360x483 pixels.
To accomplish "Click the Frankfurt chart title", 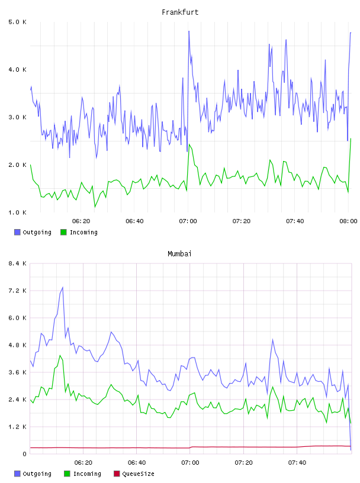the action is (180, 12).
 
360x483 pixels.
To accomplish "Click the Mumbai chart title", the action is (179, 254).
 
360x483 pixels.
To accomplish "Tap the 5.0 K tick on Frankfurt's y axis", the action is (18, 22).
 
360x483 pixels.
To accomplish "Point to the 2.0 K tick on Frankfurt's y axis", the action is (18, 165).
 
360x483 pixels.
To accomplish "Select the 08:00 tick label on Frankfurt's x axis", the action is (348, 221).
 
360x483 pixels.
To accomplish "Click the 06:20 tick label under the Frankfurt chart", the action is (81, 221).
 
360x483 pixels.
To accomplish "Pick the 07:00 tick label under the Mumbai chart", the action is (190, 463).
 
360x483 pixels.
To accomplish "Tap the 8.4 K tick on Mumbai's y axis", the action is (18, 263).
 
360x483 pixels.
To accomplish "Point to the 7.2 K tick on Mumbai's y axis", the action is (18, 291).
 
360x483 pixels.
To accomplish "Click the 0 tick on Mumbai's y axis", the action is (24, 454).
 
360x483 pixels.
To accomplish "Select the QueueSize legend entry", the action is (134, 474).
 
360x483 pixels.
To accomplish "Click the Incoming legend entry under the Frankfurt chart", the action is (79, 232).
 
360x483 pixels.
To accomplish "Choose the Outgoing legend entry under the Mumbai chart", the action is (33, 474).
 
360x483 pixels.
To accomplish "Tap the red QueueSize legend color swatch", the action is (117, 474).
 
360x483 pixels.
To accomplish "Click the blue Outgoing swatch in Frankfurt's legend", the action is (17, 232).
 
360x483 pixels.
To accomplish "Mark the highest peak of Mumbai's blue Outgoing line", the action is (63, 288).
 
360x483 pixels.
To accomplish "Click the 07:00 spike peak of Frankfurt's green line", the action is (189, 144).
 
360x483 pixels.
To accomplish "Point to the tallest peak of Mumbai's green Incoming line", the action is (60, 356).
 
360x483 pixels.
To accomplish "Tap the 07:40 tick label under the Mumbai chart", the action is (297, 463).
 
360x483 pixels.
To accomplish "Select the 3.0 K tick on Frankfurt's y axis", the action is (18, 117).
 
